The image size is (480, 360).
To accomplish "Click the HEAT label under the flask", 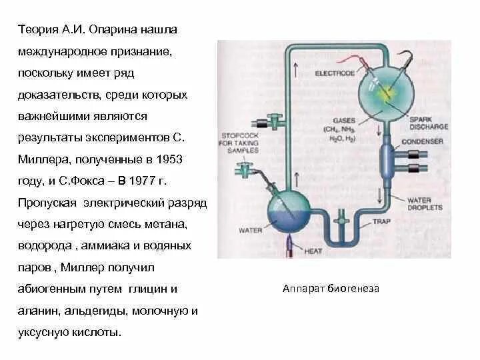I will point(313,251).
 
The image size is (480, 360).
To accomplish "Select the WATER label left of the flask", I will point(249,231).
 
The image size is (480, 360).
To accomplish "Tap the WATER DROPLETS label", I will point(425,203).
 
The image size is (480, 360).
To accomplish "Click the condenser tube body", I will point(387,159).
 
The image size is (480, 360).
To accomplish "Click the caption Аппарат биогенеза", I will point(331,289).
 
